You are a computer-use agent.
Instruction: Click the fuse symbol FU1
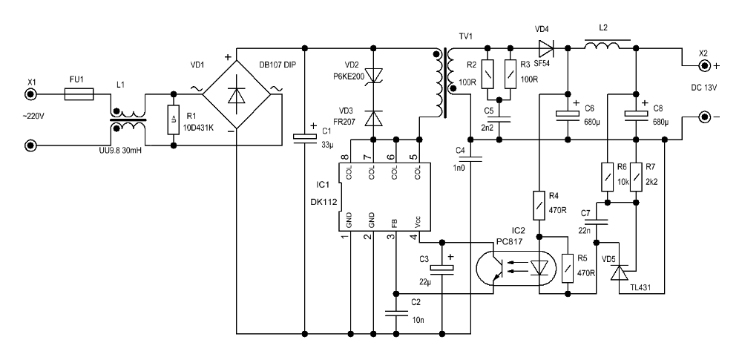tap(79, 94)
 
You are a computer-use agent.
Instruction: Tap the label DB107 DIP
tap(278, 65)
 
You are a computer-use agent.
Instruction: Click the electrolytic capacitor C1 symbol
tap(304, 137)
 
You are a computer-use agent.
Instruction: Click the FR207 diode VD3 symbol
tap(374, 119)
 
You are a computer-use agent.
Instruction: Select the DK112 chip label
tap(324, 202)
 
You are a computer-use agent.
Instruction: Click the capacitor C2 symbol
tap(396, 312)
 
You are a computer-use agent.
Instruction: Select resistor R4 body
tap(539, 206)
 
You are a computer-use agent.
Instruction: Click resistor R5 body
tap(568, 269)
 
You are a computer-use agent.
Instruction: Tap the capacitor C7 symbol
tap(597, 222)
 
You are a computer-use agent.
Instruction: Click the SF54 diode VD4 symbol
tap(546, 48)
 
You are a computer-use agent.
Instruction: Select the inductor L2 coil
tap(602, 46)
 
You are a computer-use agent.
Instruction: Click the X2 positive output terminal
tap(705, 66)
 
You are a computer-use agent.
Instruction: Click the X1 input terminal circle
tap(31, 95)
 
